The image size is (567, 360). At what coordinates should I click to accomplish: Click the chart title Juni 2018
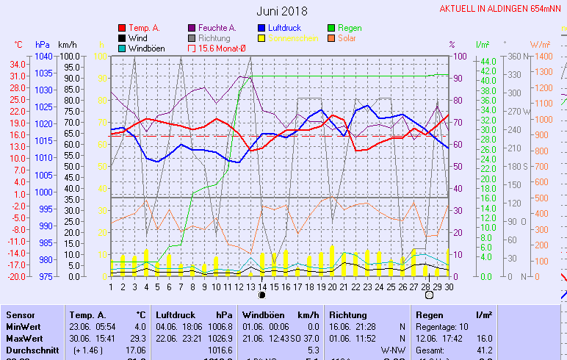(x=282, y=11)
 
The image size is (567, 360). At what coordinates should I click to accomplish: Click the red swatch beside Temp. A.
(x=122, y=28)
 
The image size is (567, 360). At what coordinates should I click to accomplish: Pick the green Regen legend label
(x=350, y=28)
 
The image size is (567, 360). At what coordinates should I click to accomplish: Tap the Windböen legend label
(x=146, y=48)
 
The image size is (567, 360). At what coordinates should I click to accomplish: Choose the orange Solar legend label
(x=347, y=37)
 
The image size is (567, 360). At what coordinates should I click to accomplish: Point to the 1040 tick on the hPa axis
(x=43, y=57)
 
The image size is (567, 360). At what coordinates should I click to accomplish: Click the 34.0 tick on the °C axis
(x=18, y=64)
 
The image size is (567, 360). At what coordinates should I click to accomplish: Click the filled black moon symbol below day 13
(x=262, y=295)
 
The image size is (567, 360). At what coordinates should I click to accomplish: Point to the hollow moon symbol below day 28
(x=429, y=295)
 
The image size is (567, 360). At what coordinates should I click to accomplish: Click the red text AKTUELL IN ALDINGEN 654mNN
(x=502, y=9)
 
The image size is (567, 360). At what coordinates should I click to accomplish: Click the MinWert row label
(x=22, y=325)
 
